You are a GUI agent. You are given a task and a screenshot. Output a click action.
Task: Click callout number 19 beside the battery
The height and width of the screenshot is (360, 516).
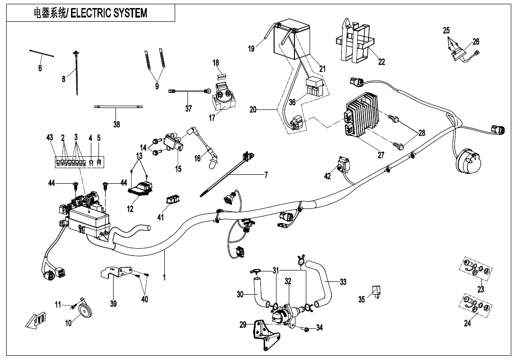click(x=251, y=48)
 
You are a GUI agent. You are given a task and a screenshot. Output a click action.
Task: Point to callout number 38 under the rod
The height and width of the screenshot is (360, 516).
click(x=116, y=124)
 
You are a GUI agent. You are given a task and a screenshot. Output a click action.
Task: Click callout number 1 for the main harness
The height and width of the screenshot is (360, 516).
click(x=164, y=278)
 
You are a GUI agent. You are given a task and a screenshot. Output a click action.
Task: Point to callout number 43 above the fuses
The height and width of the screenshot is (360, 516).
click(x=50, y=137)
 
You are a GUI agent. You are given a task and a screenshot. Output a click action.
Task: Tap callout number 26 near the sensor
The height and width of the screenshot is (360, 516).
click(x=476, y=42)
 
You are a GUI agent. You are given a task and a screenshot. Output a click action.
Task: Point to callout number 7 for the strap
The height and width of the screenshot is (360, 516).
click(x=266, y=175)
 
